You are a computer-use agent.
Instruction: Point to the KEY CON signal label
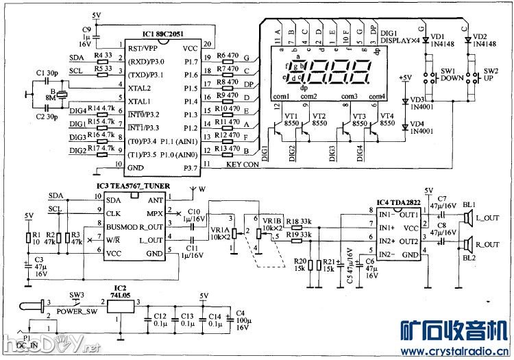click(243, 165)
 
